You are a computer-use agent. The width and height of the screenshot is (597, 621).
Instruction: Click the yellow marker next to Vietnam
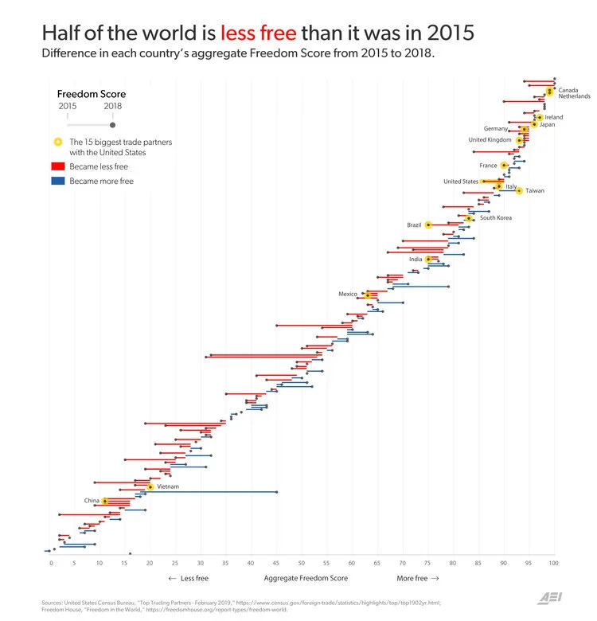[x=150, y=486]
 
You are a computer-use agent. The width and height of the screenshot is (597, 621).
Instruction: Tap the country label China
[x=92, y=501]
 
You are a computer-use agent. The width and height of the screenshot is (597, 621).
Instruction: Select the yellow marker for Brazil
[x=428, y=225]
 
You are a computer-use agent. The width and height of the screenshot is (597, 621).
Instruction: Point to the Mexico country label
[x=348, y=294]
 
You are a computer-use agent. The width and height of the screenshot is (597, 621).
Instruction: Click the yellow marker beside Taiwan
[x=519, y=191]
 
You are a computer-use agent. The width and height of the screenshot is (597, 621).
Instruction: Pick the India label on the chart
[x=416, y=260]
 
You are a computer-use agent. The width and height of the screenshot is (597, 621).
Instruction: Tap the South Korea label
[x=496, y=218]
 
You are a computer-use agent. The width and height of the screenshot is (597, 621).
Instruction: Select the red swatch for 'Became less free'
[x=57, y=167]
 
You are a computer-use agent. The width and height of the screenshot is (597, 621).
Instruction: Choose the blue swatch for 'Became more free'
[x=57, y=182]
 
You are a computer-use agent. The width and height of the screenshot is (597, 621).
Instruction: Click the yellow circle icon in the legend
[x=57, y=143]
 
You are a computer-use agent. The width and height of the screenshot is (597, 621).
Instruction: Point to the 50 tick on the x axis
[x=302, y=564]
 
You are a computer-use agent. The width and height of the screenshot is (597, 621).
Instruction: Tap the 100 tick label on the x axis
[x=553, y=564]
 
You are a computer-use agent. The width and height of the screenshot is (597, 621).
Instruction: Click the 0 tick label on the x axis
[x=51, y=564]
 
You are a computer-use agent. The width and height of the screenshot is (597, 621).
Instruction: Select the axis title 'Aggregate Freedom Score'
[x=302, y=579]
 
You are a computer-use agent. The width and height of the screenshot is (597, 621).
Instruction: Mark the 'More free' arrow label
[x=418, y=579]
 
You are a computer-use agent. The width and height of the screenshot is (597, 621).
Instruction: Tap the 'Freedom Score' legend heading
[x=92, y=94]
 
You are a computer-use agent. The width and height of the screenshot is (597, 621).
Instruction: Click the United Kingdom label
[x=490, y=140]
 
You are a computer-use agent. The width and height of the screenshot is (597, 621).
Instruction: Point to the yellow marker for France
[x=504, y=166]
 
